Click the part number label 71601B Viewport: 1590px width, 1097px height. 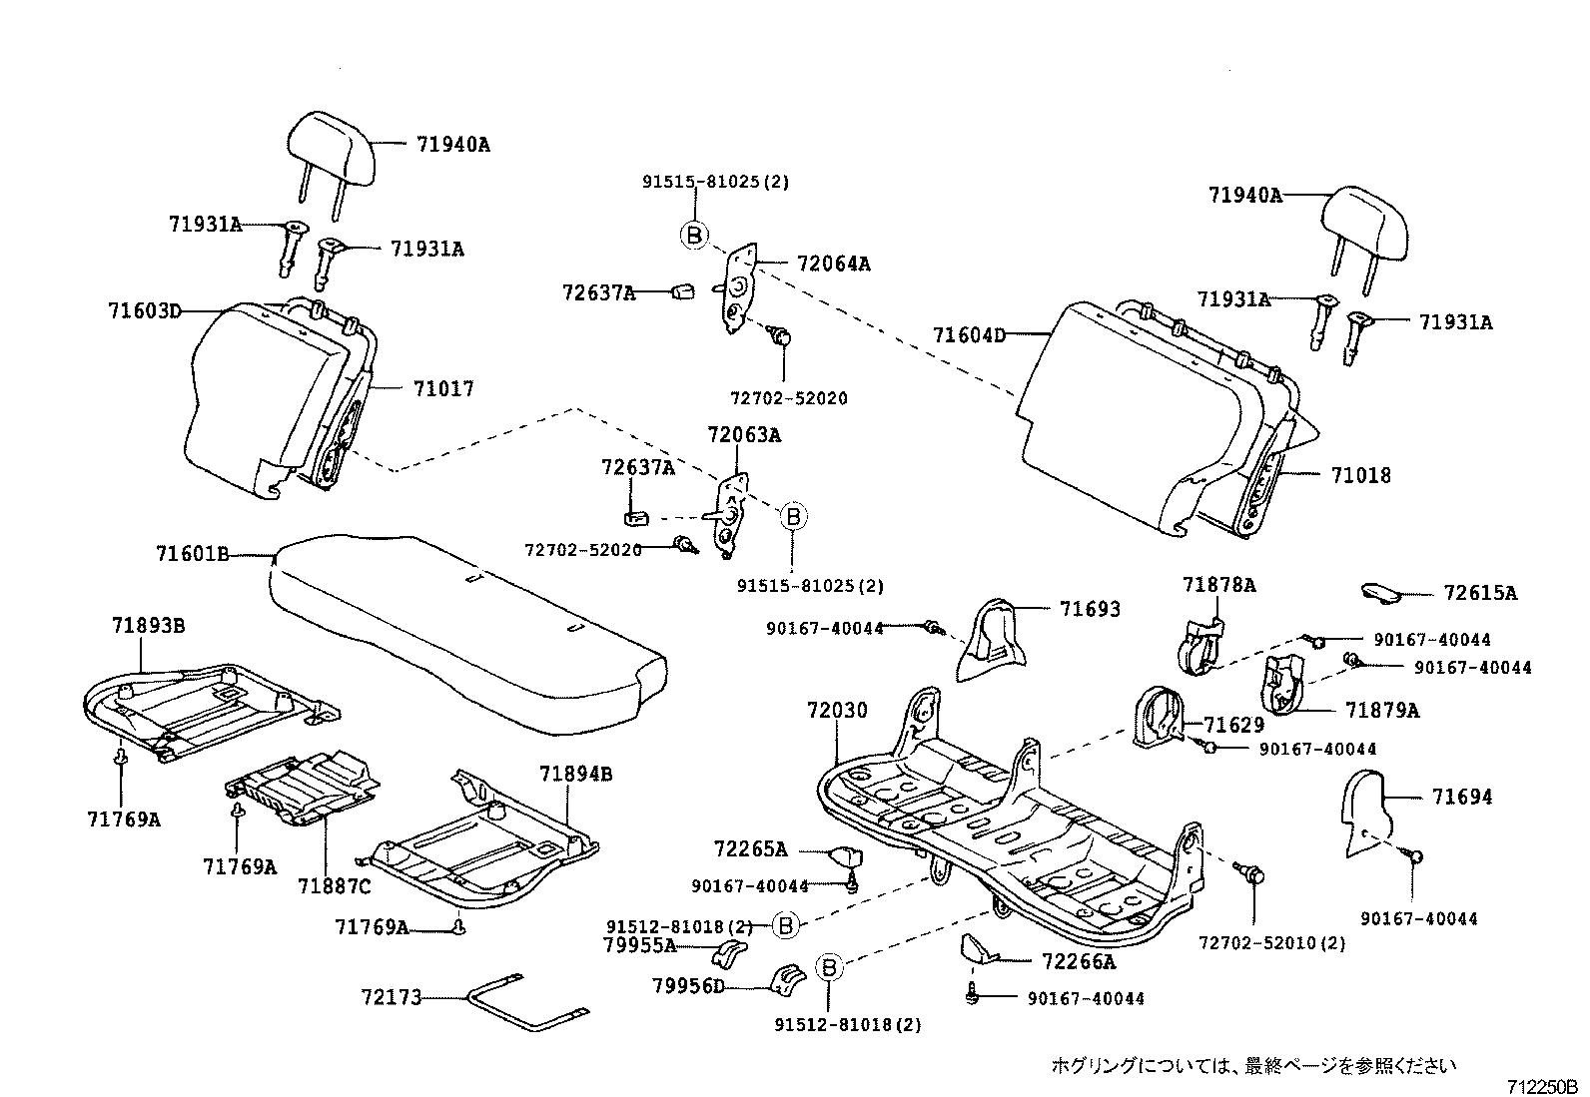(x=193, y=553)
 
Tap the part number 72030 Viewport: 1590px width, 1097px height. (x=837, y=711)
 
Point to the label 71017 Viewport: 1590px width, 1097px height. (x=442, y=388)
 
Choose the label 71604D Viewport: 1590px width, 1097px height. (x=969, y=335)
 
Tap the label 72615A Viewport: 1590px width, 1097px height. (x=1479, y=593)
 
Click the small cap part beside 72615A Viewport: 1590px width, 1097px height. (x=1383, y=593)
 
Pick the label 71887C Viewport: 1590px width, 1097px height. (x=334, y=885)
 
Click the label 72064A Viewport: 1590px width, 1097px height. (x=833, y=265)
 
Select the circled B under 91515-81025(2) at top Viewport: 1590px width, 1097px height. (x=693, y=236)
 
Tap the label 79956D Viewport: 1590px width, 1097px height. (x=688, y=986)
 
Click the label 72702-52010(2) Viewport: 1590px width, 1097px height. (x=1271, y=943)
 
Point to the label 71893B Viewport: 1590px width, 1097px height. (x=148, y=626)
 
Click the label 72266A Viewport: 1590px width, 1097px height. (x=1079, y=962)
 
